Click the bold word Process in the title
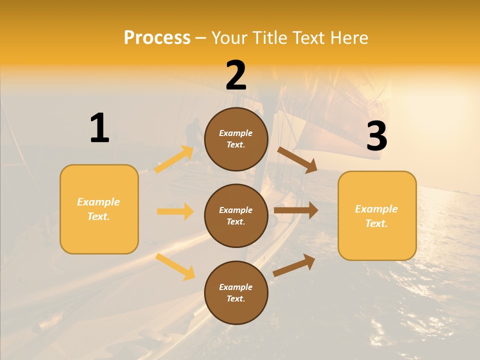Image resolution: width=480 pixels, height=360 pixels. click(x=157, y=38)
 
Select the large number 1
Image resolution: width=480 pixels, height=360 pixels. click(x=99, y=128)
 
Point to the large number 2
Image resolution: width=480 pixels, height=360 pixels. click(x=236, y=75)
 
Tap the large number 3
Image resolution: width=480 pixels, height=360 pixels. click(x=377, y=136)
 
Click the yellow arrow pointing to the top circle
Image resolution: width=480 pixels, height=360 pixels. click(x=174, y=159)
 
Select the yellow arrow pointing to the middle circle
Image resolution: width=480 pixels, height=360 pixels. click(x=175, y=211)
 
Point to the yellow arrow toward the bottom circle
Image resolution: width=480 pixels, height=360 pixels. click(x=175, y=266)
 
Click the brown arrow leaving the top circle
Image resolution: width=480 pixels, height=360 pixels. click(x=297, y=159)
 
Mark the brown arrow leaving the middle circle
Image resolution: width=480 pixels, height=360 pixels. click(x=296, y=210)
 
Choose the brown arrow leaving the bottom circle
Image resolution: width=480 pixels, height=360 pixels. click(x=294, y=265)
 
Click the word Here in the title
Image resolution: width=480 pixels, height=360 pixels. click(x=350, y=38)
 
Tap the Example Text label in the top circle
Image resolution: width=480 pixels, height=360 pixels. click(x=236, y=139)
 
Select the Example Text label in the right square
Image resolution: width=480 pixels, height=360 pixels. click(x=376, y=216)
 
